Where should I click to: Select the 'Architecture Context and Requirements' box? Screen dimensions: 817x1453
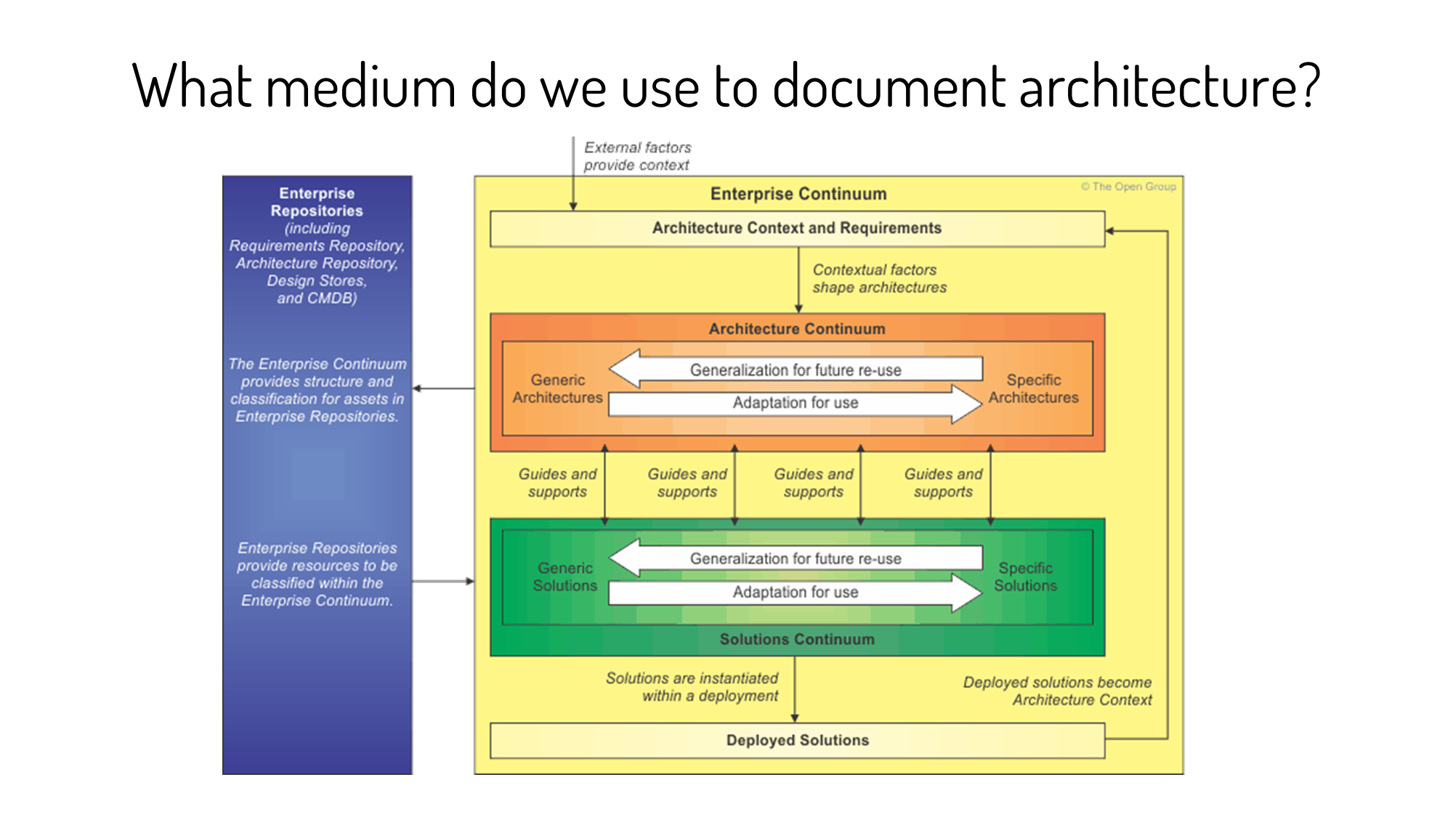click(x=797, y=229)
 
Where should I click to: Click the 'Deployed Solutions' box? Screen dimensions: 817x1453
click(x=797, y=740)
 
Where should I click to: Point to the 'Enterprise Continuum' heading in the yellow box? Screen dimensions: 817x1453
click(x=798, y=194)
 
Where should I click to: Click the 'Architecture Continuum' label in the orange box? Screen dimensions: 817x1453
click(x=797, y=329)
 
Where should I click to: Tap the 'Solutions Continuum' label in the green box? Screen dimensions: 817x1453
click(x=797, y=639)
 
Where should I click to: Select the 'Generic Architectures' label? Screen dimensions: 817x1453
click(x=557, y=389)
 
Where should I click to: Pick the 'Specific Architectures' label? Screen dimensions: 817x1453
click(x=1033, y=389)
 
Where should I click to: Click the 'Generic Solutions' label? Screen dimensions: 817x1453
click(x=564, y=577)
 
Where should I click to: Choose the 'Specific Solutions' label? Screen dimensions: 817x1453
click(x=1025, y=577)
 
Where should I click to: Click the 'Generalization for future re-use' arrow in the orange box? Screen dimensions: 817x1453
click(x=796, y=370)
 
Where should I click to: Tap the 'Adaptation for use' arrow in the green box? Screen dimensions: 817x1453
click(x=796, y=592)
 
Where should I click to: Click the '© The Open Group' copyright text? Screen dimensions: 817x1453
click(x=1128, y=187)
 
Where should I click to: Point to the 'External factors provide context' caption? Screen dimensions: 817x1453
click(x=637, y=156)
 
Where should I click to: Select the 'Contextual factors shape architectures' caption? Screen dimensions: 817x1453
click(x=879, y=279)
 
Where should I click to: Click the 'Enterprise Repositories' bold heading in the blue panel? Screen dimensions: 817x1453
click(x=317, y=202)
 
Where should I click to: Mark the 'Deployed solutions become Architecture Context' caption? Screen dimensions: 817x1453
click(x=1057, y=691)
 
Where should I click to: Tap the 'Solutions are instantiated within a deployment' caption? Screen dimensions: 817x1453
click(x=692, y=687)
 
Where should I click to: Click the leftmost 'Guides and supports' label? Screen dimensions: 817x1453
click(x=557, y=482)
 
